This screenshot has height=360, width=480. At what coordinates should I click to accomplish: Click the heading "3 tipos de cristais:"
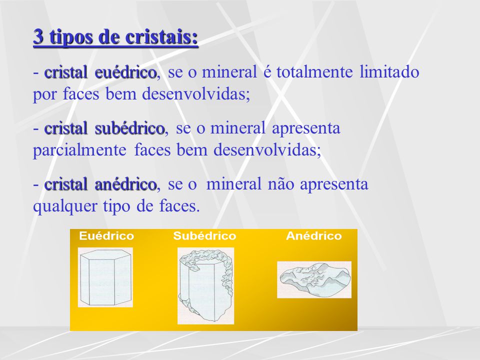(115, 37)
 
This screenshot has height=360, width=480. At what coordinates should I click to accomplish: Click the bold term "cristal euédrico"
(100, 72)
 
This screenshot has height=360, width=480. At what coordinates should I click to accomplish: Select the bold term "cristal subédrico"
(104, 128)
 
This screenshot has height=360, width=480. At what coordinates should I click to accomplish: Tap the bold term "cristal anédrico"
(100, 184)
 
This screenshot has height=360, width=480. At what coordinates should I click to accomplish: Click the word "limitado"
(389, 72)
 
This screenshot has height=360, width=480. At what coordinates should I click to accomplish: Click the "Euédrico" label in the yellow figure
(106, 236)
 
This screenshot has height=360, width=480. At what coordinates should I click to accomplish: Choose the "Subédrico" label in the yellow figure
(204, 236)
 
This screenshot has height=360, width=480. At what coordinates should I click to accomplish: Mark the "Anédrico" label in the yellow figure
(314, 236)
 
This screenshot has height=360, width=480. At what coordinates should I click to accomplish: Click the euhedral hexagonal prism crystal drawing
(105, 277)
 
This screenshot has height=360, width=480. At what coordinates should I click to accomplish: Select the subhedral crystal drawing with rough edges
(205, 285)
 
